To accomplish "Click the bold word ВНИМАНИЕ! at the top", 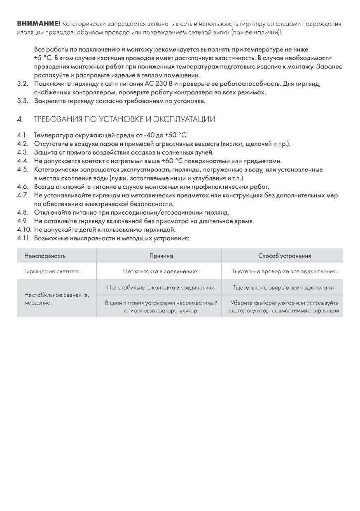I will click(39, 24).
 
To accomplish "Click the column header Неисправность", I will click(45, 256).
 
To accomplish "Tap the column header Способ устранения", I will click(284, 256).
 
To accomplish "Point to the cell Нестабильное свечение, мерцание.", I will click(56, 299).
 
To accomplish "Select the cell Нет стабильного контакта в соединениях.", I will click(161, 287).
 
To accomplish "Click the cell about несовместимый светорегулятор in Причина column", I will click(161, 307).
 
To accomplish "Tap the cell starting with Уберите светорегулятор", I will click(284, 307).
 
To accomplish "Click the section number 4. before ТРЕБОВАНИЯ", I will click(20, 120).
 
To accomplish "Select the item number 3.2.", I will click(23, 84).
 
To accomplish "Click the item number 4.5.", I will click(23, 169).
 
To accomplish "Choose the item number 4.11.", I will click(24, 238).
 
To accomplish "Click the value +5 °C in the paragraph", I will click(43, 58).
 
